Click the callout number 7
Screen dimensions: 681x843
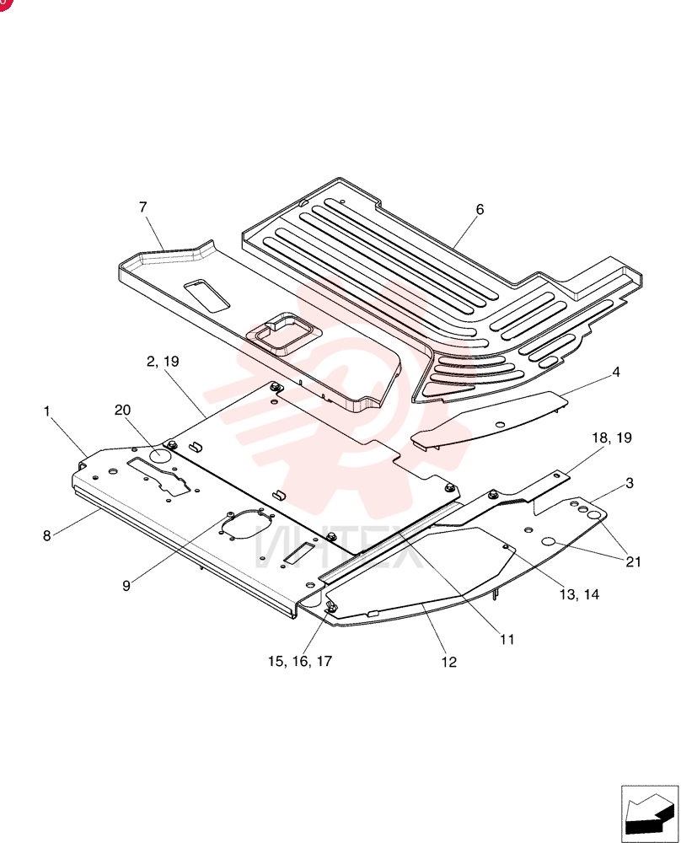tap(143, 207)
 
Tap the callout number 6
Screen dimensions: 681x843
tap(480, 210)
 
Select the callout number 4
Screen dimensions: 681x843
tap(616, 372)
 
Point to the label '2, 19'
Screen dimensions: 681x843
tap(163, 362)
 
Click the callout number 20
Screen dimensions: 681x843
tap(122, 411)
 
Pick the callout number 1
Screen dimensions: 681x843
tap(46, 411)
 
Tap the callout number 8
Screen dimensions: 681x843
tap(47, 535)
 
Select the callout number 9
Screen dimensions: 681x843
tap(126, 586)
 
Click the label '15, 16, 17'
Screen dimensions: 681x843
tap(300, 661)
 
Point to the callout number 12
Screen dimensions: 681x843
tap(449, 663)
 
